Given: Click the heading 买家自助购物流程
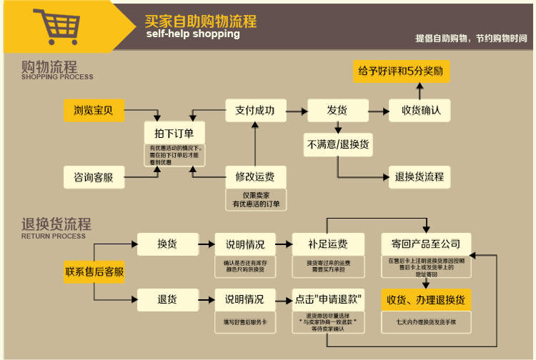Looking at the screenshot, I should (200, 21).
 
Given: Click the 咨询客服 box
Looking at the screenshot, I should (93, 176).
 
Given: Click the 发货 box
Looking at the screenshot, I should (337, 110).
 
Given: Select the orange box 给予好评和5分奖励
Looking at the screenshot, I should (401, 71).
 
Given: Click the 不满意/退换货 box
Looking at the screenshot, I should (337, 144).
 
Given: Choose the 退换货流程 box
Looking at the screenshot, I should (420, 176).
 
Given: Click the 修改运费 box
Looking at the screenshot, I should (255, 176).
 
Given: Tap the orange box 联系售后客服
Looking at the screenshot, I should (94, 271).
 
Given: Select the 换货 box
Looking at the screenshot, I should (167, 244).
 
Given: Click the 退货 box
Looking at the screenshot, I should (167, 299).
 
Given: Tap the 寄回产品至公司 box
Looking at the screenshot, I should (425, 244).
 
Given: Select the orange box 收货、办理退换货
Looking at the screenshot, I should (425, 299).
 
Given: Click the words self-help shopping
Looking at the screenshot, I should (193, 34).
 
